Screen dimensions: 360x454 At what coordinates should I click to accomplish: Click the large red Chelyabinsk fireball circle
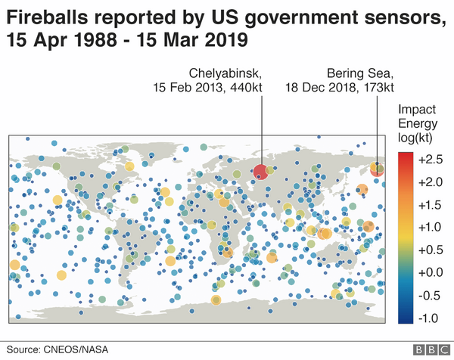click(x=260, y=171)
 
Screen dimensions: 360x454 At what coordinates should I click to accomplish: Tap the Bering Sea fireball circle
click(x=377, y=169)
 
